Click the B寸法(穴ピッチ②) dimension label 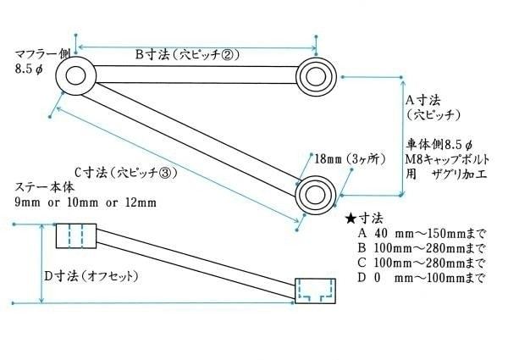point(187,54)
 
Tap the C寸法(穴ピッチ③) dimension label point(126,173)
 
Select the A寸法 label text point(423,101)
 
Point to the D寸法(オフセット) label point(91,276)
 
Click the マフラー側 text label point(42,54)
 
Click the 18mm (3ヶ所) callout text point(350,158)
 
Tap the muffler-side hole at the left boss point(75,76)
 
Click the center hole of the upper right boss point(316,77)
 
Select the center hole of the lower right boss point(315,195)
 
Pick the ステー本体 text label point(45,187)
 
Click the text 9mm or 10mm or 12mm point(86,202)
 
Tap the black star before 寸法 point(351,219)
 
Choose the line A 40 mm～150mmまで point(421,233)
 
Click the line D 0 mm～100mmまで point(421,278)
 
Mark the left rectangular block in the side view point(76,235)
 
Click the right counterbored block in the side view point(315,291)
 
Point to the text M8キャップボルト point(448,159)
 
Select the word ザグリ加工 point(460,174)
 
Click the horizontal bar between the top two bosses point(196,75)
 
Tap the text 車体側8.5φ point(439,145)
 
